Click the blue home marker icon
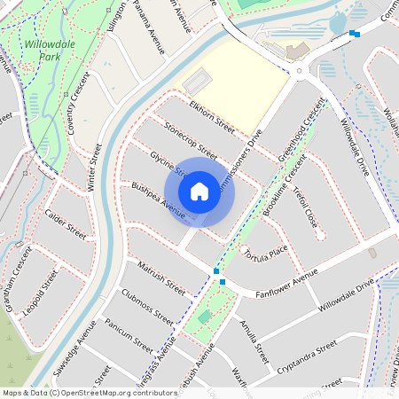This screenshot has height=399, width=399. (x=199, y=191)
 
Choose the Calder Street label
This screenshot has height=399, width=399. (x=66, y=225)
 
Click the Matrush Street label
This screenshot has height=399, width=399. (x=160, y=277)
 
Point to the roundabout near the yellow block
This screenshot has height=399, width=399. (x=300, y=72)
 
